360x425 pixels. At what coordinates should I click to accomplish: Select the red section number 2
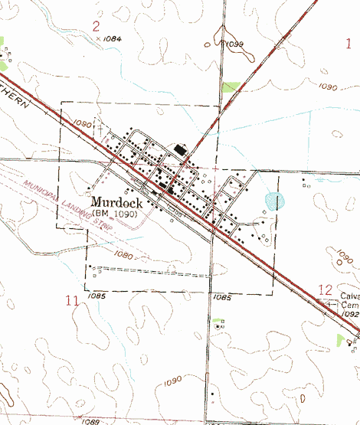97,28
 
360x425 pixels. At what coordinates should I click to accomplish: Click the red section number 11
72,301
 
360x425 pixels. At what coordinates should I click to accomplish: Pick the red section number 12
325,290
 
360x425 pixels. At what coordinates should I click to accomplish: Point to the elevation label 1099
233,45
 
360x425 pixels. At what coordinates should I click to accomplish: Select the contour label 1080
122,254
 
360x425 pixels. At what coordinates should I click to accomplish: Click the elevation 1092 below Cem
351,314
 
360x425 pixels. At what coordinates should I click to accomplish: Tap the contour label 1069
91,421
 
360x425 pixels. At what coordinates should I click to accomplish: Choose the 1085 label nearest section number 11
97,295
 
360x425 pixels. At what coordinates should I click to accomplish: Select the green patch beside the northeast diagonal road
230,87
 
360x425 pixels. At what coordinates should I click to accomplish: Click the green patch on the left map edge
2,44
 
